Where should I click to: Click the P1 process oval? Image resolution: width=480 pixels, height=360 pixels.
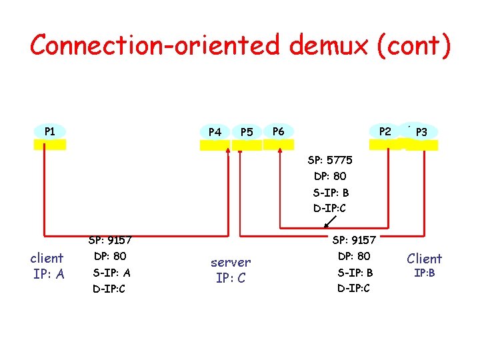point(50,131)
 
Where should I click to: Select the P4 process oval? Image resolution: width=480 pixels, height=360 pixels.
point(215,132)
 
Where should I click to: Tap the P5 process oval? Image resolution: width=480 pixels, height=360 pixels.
point(247,132)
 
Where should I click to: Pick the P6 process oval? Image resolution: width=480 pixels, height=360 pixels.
point(279,131)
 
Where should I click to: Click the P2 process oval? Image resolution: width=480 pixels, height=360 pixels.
point(385,131)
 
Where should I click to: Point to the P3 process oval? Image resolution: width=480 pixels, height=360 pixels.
point(421,132)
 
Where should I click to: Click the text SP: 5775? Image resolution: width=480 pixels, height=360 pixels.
point(330,161)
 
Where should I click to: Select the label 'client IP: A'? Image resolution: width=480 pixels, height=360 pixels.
point(47,265)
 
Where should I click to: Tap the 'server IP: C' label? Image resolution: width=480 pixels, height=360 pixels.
point(231,270)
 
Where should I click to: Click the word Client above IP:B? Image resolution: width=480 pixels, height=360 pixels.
point(424,258)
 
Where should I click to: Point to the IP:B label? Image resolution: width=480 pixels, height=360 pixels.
point(424,273)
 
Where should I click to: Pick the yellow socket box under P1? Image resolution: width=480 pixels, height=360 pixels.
point(50,144)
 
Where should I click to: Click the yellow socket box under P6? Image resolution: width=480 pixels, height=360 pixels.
point(278,144)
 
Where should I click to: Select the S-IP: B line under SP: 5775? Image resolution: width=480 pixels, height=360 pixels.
point(331,193)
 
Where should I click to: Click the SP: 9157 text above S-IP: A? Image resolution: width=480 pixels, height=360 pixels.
point(110,240)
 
